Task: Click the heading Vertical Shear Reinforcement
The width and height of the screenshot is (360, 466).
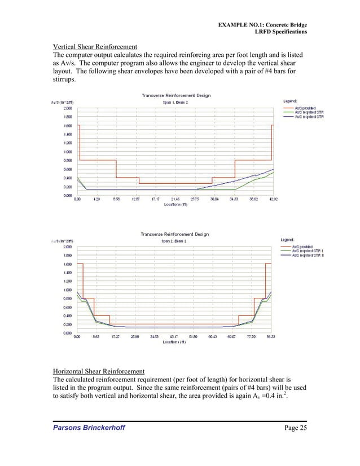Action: (94, 46)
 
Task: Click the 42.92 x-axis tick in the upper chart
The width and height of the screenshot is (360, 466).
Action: (272, 199)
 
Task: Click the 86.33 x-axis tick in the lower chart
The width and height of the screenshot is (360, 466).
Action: (271, 337)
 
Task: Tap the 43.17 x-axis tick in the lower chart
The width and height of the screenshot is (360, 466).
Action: (174, 337)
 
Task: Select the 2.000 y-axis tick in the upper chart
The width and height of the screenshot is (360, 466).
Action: (67, 108)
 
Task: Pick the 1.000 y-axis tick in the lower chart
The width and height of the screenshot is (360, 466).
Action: (67, 290)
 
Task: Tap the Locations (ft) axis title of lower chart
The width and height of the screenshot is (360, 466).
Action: (175, 342)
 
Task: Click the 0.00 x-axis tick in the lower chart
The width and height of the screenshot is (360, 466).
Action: (77, 337)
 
